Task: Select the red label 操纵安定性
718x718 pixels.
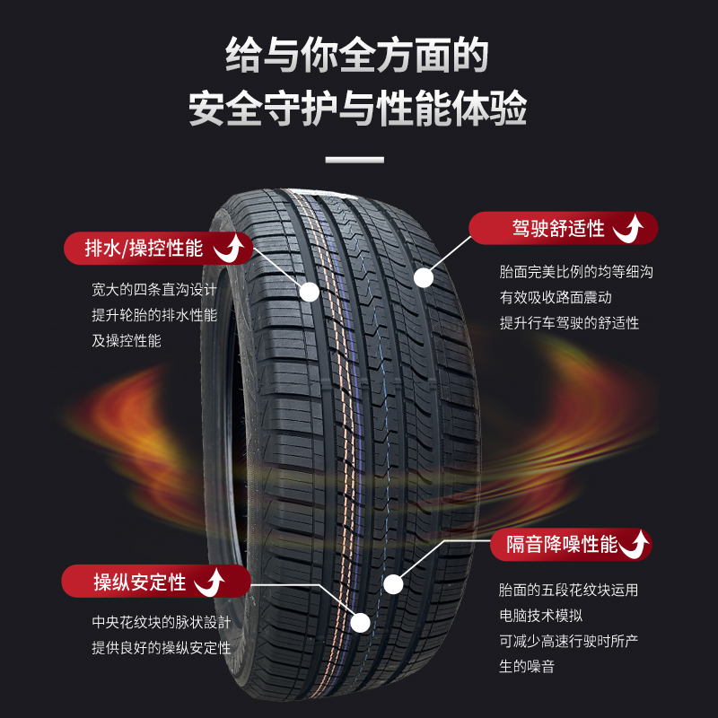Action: pos(139,582)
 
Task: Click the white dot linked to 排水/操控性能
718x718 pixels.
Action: pos(309,292)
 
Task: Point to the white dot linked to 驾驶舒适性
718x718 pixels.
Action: pos(424,278)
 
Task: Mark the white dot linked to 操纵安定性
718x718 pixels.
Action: pos(361,622)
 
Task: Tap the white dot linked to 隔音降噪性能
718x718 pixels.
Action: pos(393,584)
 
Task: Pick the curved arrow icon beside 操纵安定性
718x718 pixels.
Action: pos(212,582)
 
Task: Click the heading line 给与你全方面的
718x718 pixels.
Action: pos(358,56)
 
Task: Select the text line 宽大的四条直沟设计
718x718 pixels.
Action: pos(154,291)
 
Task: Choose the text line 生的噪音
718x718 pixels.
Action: pos(527,666)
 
